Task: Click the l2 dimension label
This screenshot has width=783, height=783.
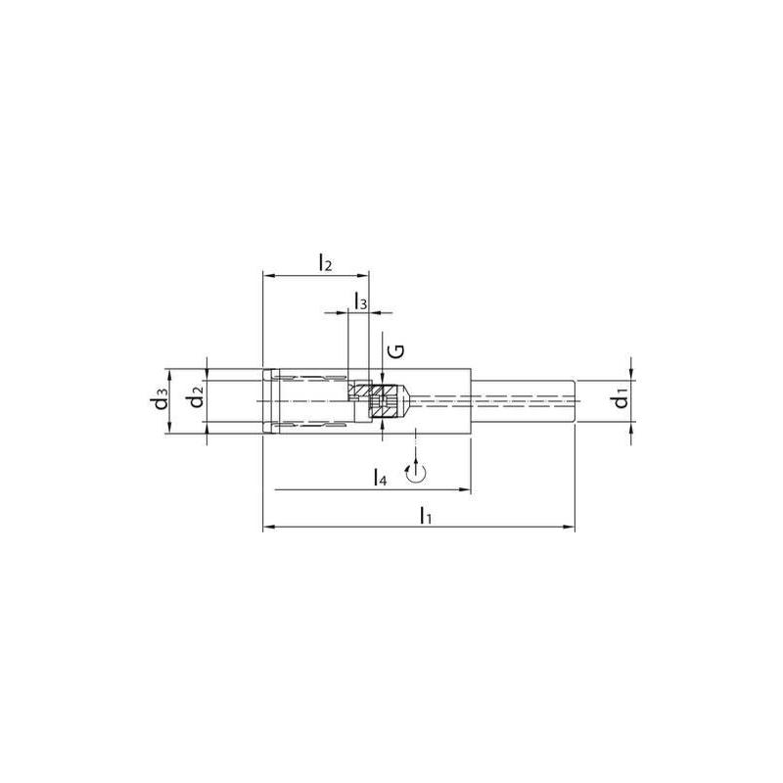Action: pyautogui.click(x=325, y=262)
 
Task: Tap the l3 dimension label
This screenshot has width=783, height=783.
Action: pyautogui.click(x=360, y=301)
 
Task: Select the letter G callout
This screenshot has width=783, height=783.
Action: pyautogui.click(x=396, y=351)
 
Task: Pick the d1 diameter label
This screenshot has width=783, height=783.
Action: pyautogui.click(x=620, y=397)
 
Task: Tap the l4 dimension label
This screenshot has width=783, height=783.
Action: pyautogui.click(x=380, y=478)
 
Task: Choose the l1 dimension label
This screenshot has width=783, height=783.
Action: pyautogui.click(x=425, y=515)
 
